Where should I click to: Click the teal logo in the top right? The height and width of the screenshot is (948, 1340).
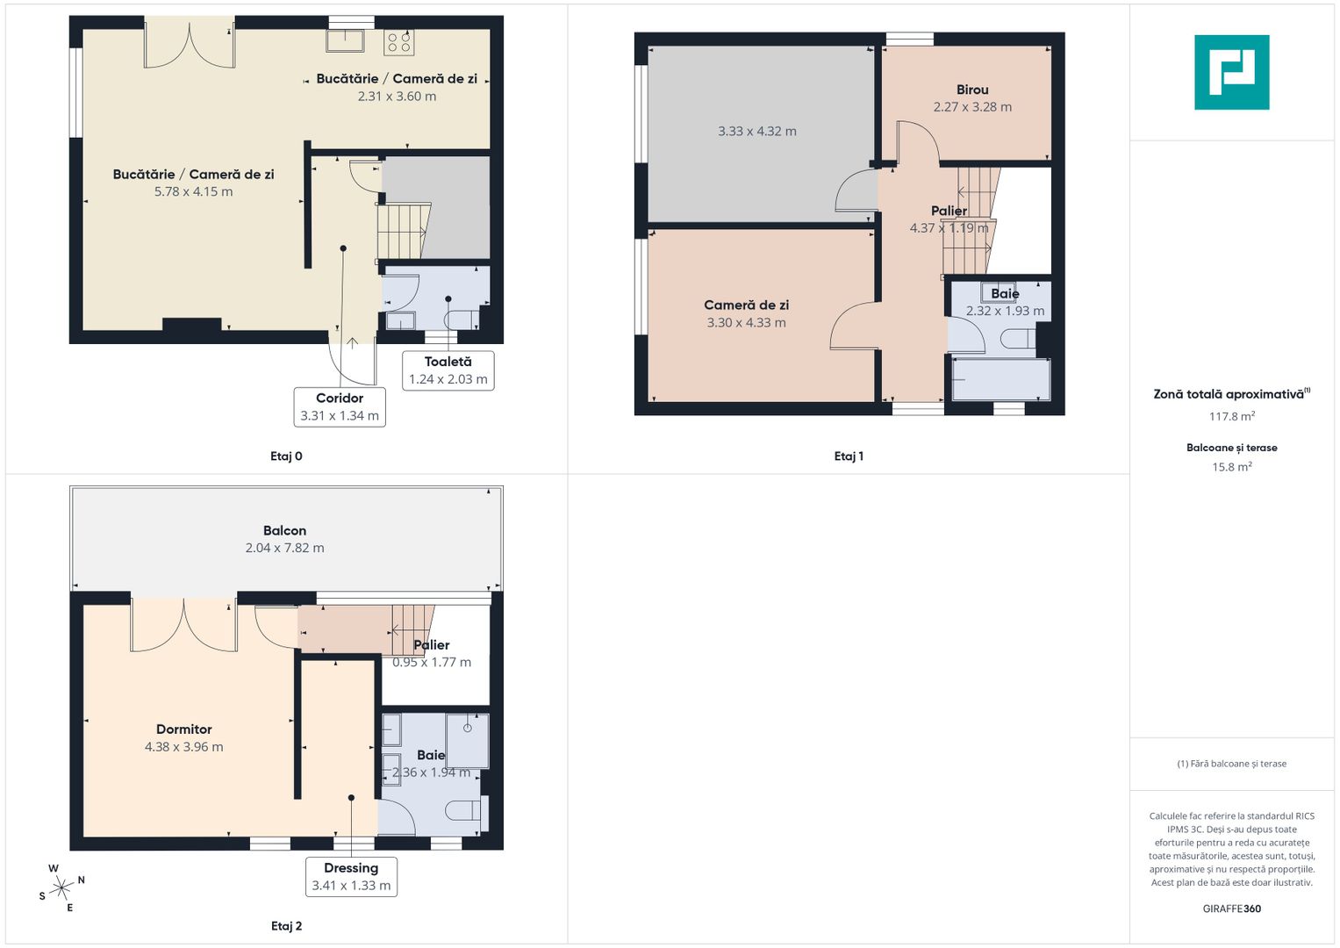pyautogui.click(x=1231, y=72)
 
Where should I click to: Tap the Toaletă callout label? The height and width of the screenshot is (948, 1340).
pyautogui.click(x=448, y=370)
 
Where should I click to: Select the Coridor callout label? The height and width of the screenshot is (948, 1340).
pyautogui.click(x=340, y=406)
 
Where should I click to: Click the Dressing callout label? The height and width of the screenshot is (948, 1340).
pyautogui.click(x=351, y=876)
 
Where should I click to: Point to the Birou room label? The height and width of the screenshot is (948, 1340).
pyautogui.click(x=972, y=90)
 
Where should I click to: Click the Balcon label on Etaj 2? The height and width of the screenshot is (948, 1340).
pyautogui.click(x=284, y=530)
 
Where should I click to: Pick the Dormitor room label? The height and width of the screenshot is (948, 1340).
pyautogui.click(x=183, y=729)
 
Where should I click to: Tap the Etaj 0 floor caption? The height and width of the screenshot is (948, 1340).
pyautogui.click(x=286, y=456)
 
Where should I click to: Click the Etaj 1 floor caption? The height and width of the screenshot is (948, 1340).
pyautogui.click(x=849, y=456)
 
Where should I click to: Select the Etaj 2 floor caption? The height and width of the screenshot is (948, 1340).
pyautogui.click(x=286, y=926)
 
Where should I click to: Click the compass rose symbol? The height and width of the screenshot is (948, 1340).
pyautogui.click(x=61, y=888)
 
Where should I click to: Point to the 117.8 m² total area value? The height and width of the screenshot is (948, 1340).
pyautogui.click(x=1231, y=417)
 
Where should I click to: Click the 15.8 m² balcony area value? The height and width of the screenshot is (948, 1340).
pyautogui.click(x=1231, y=467)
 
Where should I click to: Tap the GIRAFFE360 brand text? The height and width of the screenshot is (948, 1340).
pyautogui.click(x=1231, y=908)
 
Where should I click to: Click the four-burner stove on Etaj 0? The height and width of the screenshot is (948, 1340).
pyautogui.click(x=399, y=41)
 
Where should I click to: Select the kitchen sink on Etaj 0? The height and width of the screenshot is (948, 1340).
pyautogui.click(x=346, y=40)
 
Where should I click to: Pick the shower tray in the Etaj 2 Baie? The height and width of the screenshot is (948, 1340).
pyautogui.click(x=467, y=741)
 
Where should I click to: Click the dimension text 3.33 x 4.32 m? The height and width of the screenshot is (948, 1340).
pyautogui.click(x=757, y=132)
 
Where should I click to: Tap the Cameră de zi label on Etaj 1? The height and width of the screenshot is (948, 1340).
pyautogui.click(x=746, y=305)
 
